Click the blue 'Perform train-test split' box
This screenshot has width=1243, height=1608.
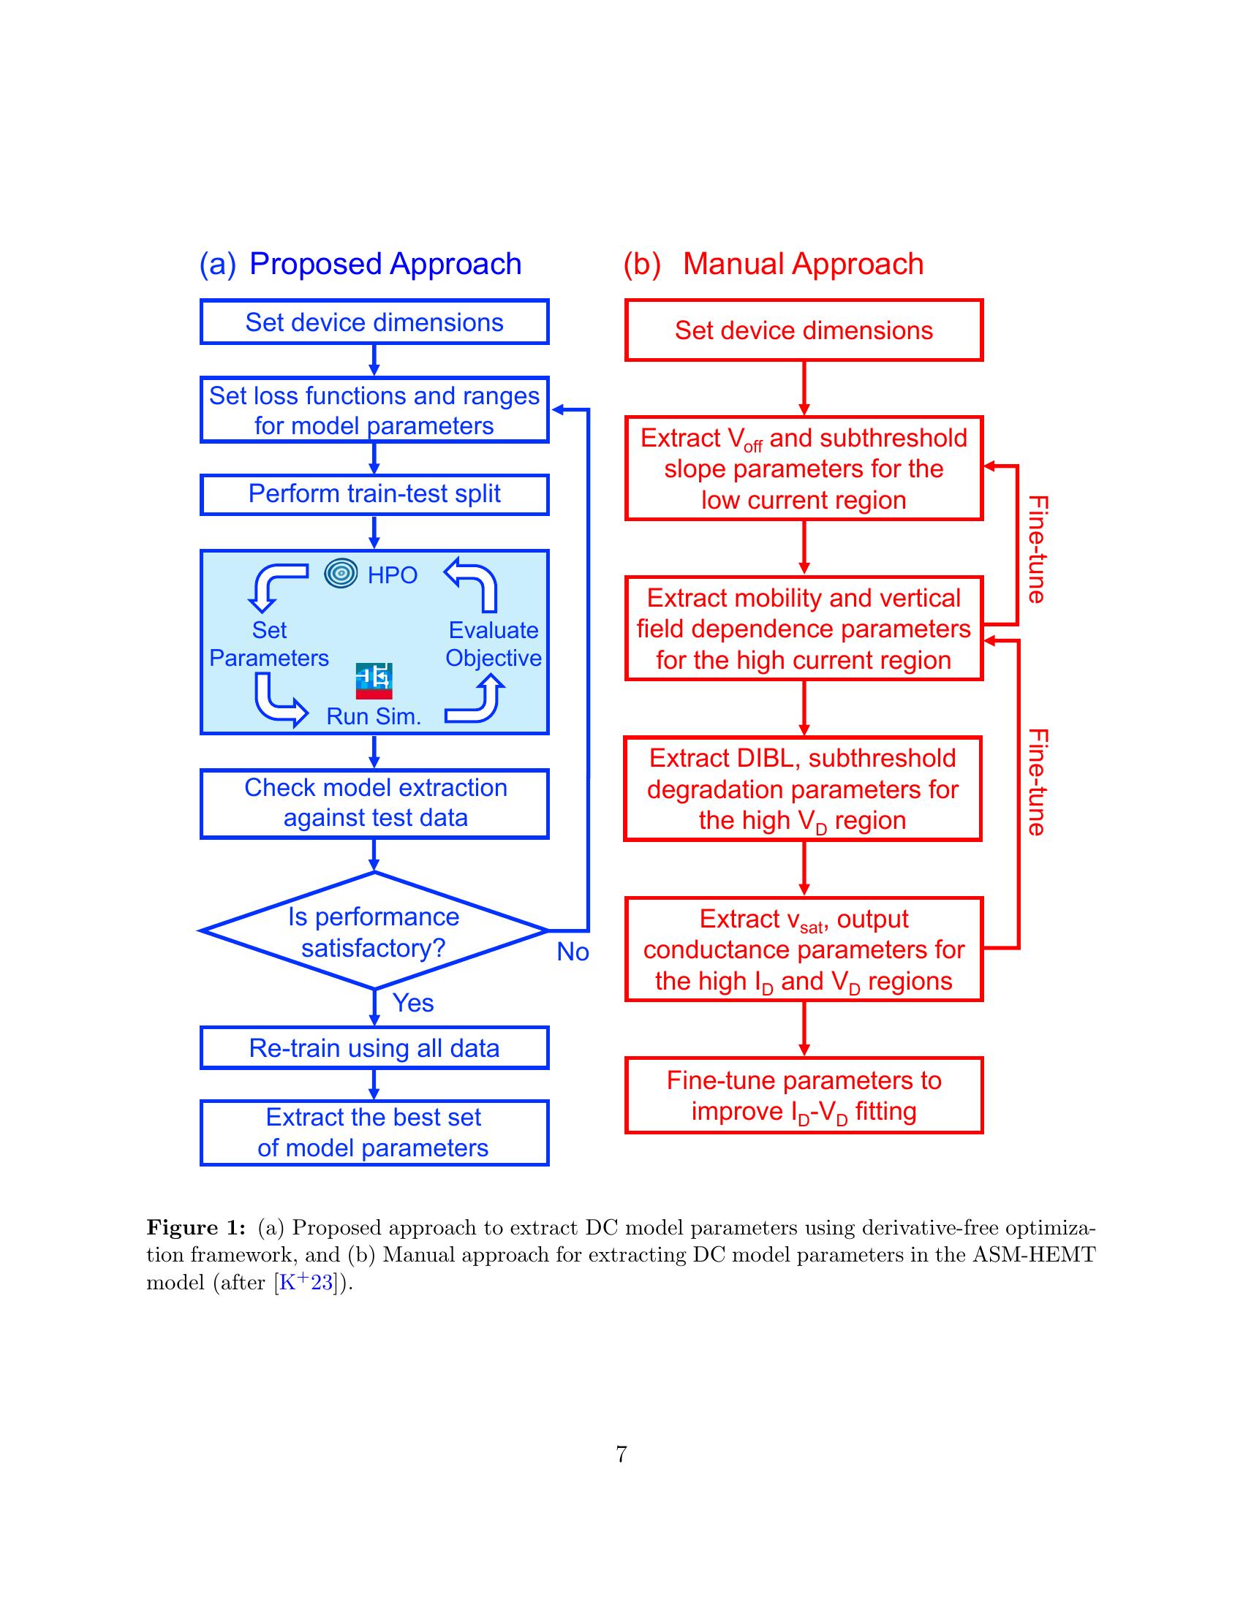click(x=374, y=494)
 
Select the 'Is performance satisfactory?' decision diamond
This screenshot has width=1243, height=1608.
click(x=374, y=930)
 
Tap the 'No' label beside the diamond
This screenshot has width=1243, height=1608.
click(x=573, y=952)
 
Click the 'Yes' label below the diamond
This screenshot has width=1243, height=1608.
click(x=413, y=1003)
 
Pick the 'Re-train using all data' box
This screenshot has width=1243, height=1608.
click(x=374, y=1047)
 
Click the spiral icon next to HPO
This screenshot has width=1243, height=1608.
click(x=341, y=574)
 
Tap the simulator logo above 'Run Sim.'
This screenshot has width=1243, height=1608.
click(x=374, y=681)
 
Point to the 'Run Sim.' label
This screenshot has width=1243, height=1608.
click(x=374, y=716)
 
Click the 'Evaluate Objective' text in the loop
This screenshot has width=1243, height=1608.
click(x=494, y=643)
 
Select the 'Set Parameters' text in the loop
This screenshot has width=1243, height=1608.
click(x=269, y=643)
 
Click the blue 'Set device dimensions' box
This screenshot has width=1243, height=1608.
click(x=374, y=322)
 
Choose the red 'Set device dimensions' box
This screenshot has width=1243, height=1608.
click(x=804, y=330)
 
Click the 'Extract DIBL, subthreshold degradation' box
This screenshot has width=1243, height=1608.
click(x=803, y=789)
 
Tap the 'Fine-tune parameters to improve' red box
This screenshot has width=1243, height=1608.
click(x=804, y=1096)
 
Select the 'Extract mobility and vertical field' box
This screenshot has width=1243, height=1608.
click(x=804, y=629)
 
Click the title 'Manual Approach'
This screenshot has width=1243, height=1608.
click(x=803, y=264)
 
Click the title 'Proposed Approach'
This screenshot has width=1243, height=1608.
click(x=385, y=264)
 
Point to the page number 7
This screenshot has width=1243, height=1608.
click(x=621, y=1454)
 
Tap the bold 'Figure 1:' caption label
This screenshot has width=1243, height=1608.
click(x=196, y=1227)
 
